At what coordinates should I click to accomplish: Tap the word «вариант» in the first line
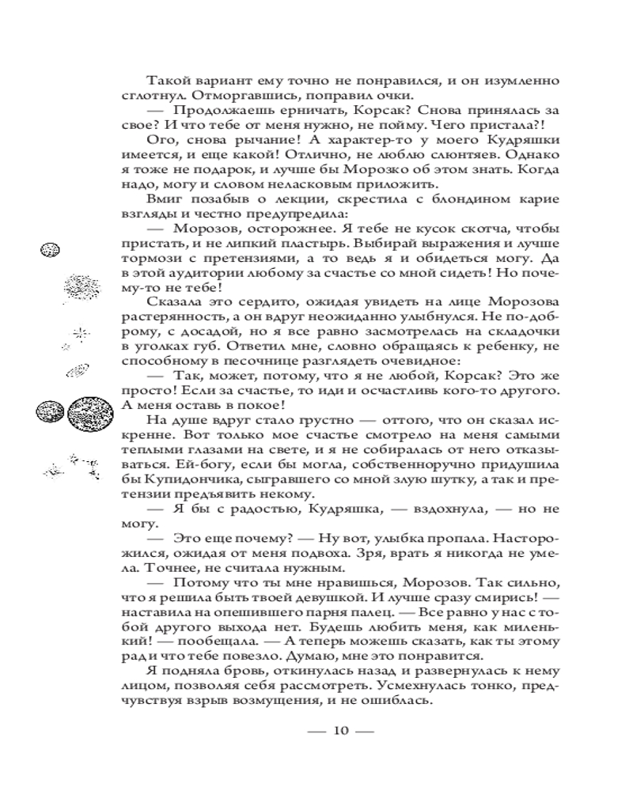point(214,81)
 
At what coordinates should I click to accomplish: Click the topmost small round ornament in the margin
point(50,250)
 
